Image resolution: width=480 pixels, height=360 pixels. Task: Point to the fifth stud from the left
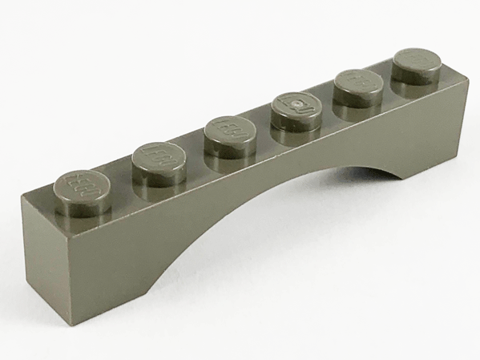click(x=358, y=87)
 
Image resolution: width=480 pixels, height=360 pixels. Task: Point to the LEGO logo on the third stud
click(x=230, y=130)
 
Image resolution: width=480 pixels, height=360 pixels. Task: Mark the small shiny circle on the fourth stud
click(x=297, y=105)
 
